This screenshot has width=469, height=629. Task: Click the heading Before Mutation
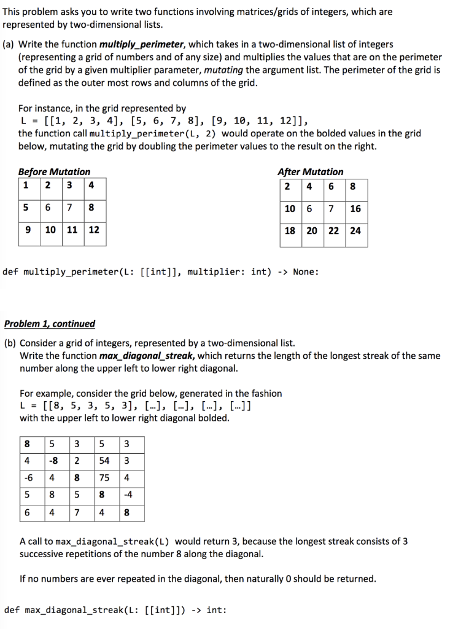pos(54,172)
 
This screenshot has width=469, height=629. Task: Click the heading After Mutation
pos(311,172)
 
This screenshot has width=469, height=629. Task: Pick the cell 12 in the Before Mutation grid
pos(94,230)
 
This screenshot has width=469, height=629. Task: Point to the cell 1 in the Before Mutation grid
pos(25,186)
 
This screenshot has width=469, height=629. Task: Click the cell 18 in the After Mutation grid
pos(290,231)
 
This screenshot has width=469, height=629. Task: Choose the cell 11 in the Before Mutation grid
pos(72,230)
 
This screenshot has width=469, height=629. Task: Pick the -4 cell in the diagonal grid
pos(126,495)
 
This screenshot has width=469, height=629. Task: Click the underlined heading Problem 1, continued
pos(50,324)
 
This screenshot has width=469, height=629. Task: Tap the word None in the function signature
pos(305,272)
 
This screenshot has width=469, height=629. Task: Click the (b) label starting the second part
pos(10,343)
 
